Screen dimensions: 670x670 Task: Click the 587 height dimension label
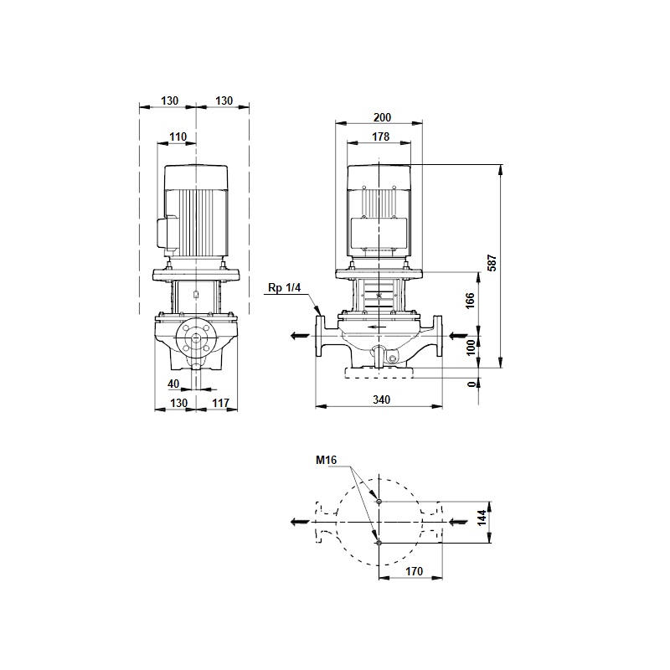tap(492, 263)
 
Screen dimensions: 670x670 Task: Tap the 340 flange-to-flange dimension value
tap(381, 399)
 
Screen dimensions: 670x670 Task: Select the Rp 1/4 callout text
tap(284, 287)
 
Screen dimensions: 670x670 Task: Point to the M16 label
tap(326, 460)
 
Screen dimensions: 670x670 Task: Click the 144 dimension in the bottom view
tap(482, 518)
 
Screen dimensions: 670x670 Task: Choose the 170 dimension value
tap(414, 571)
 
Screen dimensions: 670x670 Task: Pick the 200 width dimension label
tap(382, 117)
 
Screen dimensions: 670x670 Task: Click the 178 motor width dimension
tap(380, 137)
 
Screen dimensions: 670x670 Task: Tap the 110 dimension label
tap(178, 137)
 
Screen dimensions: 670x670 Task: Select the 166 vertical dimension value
tap(470, 301)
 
